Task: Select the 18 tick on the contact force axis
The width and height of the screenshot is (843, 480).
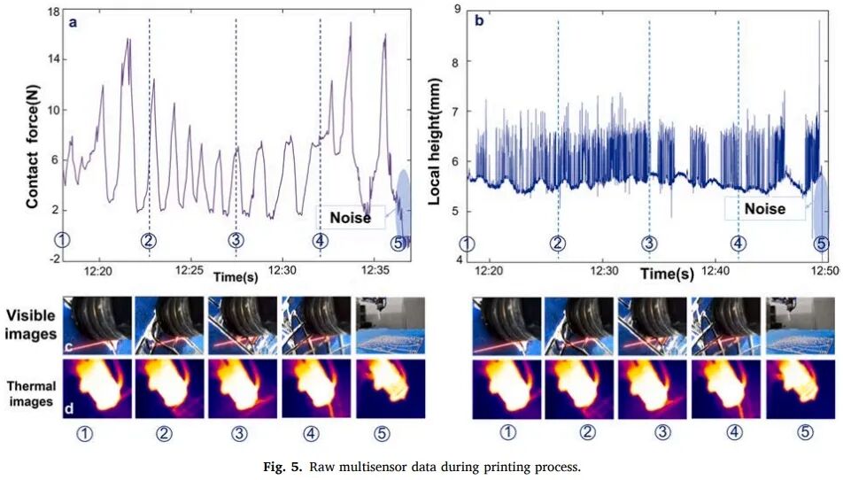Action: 53,12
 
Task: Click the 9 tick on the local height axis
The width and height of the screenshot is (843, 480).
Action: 458,10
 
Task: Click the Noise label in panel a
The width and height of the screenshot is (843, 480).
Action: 350,217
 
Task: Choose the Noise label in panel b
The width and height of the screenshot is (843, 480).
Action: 764,209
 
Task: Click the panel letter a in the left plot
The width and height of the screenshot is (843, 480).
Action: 74,22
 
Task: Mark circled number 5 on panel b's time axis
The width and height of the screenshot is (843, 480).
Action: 821,244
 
